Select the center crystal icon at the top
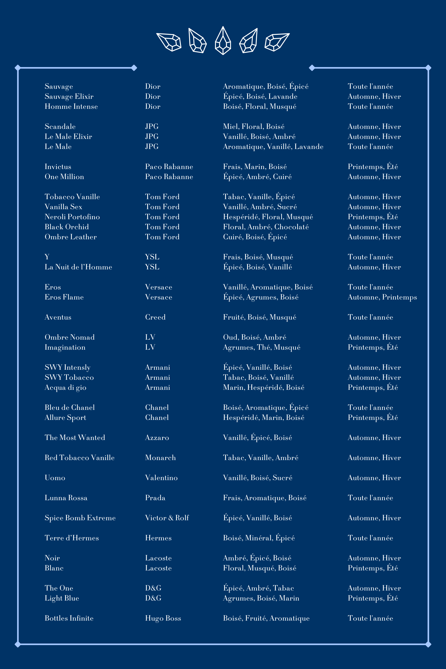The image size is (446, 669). pyautogui.click(x=223, y=41)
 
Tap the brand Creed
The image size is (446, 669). pyautogui.click(x=155, y=317)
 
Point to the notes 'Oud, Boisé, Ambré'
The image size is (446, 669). pyautogui.click(x=255, y=337)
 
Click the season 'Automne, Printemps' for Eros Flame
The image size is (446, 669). pyautogui.click(x=382, y=297)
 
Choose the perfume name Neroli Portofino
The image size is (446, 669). pyautogui.click(x=72, y=217)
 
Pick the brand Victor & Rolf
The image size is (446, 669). pyautogui.click(x=167, y=518)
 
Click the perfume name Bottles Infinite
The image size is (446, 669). pyautogui.click(x=69, y=618)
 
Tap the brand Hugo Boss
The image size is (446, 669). pyautogui.click(x=163, y=618)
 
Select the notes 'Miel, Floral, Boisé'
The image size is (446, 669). pyautogui.click(x=254, y=127)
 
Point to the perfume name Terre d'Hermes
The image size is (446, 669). pyautogui.click(x=72, y=538)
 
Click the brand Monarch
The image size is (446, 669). pyautogui.click(x=160, y=458)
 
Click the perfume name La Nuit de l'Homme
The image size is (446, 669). pyautogui.click(x=78, y=267)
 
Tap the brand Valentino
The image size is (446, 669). pyautogui.click(x=161, y=478)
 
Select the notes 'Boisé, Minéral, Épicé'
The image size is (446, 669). pyautogui.click(x=259, y=538)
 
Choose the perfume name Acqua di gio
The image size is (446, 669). pyautogui.click(x=65, y=388)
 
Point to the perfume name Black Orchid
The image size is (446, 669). pyautogui.click(x=67, y=227)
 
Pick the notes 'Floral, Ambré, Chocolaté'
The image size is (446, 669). pyautogui.click(x=266, y=227)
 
